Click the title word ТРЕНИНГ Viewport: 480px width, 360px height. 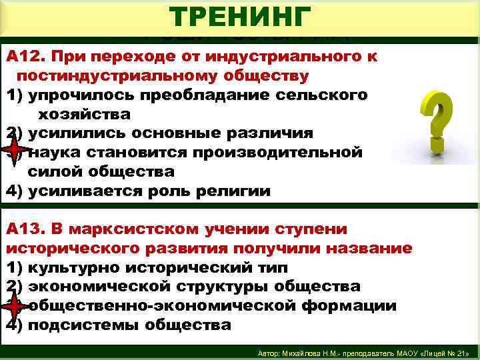pos(240,16)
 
